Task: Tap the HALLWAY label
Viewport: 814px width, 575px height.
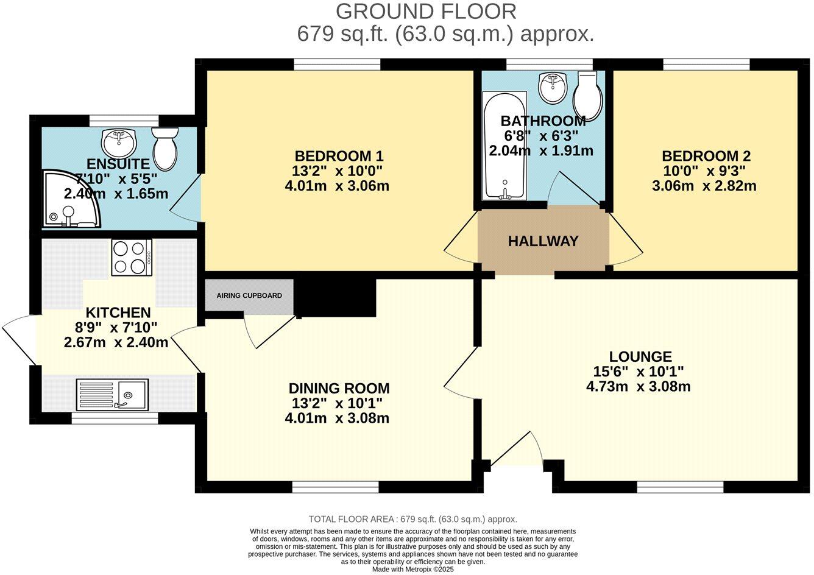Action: coord(543,241)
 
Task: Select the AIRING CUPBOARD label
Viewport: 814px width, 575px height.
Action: coord(249,295)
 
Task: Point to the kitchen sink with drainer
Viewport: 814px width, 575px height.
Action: coord(112,395)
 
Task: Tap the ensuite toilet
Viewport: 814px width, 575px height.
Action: coord(165,147)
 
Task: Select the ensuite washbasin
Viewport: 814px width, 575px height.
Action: coord(119,143)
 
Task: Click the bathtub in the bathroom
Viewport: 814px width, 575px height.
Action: coord(504,146)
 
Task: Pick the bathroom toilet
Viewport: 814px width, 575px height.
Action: coord(588,94)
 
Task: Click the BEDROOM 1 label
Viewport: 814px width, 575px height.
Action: coord(339,155)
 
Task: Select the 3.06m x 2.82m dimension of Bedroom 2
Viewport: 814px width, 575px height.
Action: coord(704,186)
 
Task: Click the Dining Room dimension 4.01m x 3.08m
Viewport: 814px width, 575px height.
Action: coord(337,418)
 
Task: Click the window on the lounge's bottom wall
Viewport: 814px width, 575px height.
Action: coord(680,487)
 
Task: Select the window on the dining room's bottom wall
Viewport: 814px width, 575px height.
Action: coord(335,487)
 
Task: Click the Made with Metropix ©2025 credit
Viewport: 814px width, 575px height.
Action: coord(413,570)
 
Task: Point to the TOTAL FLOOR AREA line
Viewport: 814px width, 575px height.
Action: coord(412,519)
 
